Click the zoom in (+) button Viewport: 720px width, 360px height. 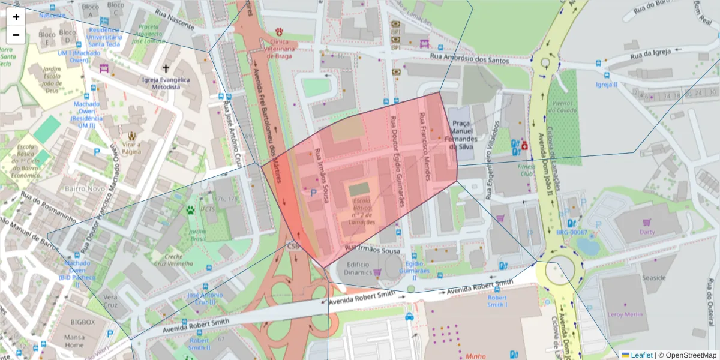point(16,17)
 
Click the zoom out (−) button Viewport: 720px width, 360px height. point(16,35)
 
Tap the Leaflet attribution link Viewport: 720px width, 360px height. point(637,355)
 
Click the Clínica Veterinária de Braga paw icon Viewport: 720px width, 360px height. point(280,31)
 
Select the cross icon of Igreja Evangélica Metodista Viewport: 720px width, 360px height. point(166,69)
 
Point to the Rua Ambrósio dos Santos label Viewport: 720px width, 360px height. point(470,58)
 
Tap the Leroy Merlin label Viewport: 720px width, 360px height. point(625,314)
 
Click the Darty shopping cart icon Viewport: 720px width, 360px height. point(647,223)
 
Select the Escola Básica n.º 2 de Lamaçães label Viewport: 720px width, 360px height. point(363,211)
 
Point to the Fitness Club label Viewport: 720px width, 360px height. point(526,170)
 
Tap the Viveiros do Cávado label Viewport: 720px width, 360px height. point(563,107)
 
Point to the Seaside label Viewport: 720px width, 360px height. point(653,278)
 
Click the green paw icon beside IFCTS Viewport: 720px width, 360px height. point(190,210)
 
